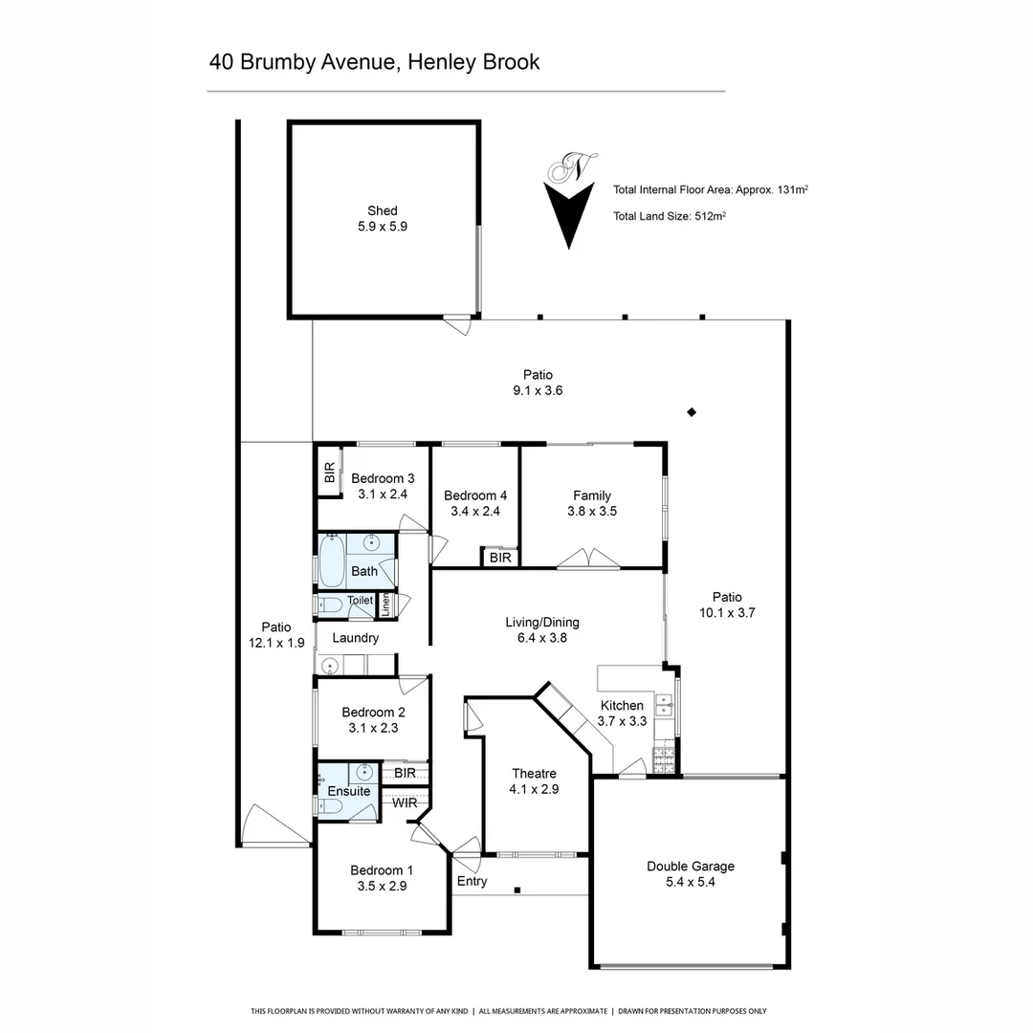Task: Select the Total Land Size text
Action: click(x=670, y=216)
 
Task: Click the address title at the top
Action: click(x=374, y=62)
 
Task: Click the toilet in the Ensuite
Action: click(x=330, y=806)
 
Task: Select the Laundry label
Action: click(x=356, y=638)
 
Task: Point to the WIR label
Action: click(x=405, y=802)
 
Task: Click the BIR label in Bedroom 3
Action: click(x=329, y=473)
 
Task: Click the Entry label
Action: click(x=472, y=881)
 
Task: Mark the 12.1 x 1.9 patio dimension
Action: click(x=276, y=644)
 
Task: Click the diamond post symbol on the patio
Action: click(x=692, y=412)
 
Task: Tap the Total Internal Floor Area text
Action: click(x=711, y=189)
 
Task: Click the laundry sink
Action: click(x=331, y=666)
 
